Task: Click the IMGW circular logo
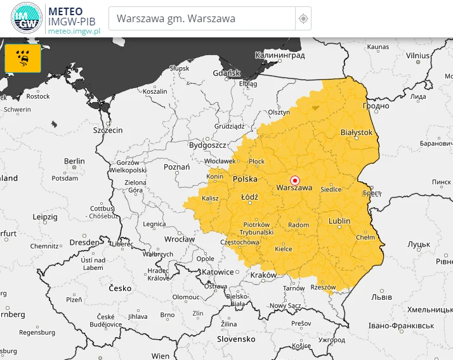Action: (27, 18)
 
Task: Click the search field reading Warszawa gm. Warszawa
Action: (202, 18)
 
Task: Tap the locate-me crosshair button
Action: (303, 19)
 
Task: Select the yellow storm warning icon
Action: (23, 58)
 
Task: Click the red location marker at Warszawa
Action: (294, 180)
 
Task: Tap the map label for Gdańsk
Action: (227, 73)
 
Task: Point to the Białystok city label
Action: (357, 132)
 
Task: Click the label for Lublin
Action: (339, 221)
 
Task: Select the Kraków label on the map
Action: (263, 275)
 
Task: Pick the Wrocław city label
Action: (180, 240)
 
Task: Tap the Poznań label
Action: (177, 167)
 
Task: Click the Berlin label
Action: (74, 162)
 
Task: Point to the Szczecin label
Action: (108, 130)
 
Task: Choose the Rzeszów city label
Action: (323, 287)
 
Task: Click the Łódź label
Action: (250, 197)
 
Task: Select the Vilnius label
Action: (418, 56)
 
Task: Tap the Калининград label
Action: (280, 56)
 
